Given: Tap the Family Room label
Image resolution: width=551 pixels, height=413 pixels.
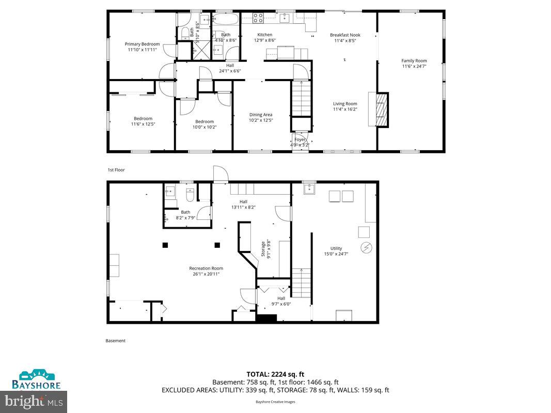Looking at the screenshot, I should (414, 61).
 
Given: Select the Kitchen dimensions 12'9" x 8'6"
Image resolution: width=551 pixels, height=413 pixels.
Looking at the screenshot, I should (264, 40).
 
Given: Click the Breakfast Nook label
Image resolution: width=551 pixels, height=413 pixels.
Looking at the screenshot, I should (345, 35).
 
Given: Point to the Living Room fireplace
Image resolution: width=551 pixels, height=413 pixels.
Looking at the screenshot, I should (381, 109).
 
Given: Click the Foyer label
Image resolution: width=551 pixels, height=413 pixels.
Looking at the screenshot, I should (300, 139).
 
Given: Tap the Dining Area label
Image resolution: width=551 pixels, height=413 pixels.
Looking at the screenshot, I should (261, 115).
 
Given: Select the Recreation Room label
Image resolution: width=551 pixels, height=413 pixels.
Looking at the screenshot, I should (206, 268).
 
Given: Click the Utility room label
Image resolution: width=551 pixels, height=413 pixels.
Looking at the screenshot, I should (336, 248).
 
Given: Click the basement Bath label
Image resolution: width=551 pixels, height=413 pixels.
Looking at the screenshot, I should (185, 212).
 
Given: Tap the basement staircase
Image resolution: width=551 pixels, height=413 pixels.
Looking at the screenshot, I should (300, 282).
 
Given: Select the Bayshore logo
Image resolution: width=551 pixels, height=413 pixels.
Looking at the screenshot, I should (37, 379).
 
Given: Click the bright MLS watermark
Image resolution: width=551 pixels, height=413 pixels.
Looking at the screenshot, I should (34, 400).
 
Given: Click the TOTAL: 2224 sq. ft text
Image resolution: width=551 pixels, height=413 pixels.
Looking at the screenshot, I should (275, 374).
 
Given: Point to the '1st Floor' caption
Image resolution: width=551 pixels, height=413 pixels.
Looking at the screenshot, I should (116, 170).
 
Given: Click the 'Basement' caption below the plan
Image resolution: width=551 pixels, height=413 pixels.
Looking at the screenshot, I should (116, 341).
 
